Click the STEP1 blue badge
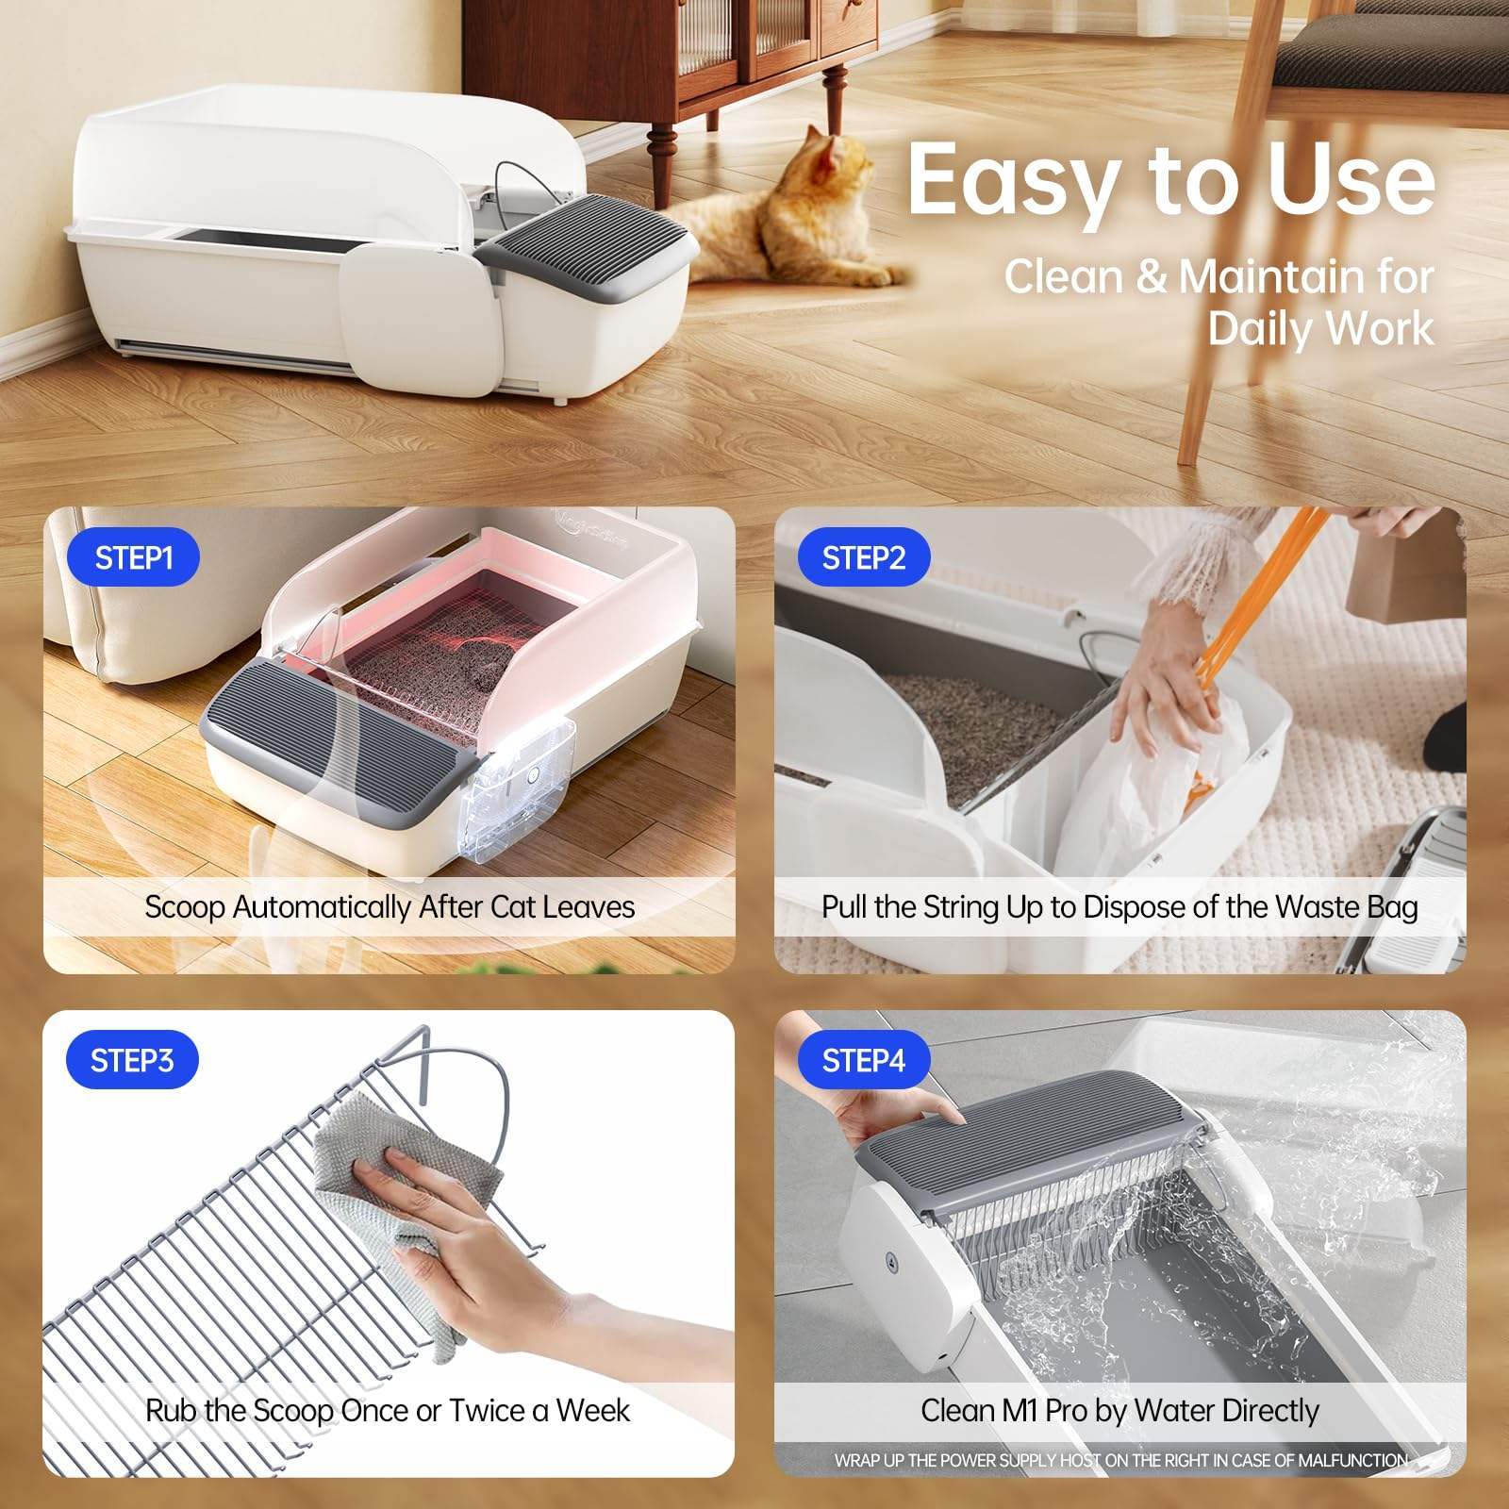(x=133, y=557)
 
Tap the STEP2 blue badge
(x=863, y=557)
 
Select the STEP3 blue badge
(x=132, y=1060)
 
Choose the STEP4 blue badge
(x=863, y=1060)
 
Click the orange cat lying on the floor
(x=792, y=217)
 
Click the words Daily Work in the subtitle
(x=1320, y=329)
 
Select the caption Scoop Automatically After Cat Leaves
(x=390, y=907)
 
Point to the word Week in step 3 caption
(x=592, y=1411)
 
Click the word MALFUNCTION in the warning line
(x=1352, y=1461)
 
